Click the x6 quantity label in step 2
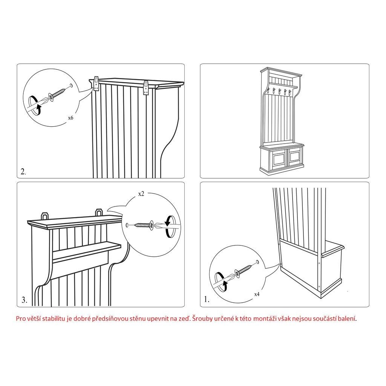70,118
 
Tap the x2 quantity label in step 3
141,194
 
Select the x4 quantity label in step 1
257,294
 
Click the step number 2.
23,172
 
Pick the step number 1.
207,299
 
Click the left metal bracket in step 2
96,84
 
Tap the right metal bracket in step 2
146,87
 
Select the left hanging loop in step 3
45,216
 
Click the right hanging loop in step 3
99,212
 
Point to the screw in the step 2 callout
58,94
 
